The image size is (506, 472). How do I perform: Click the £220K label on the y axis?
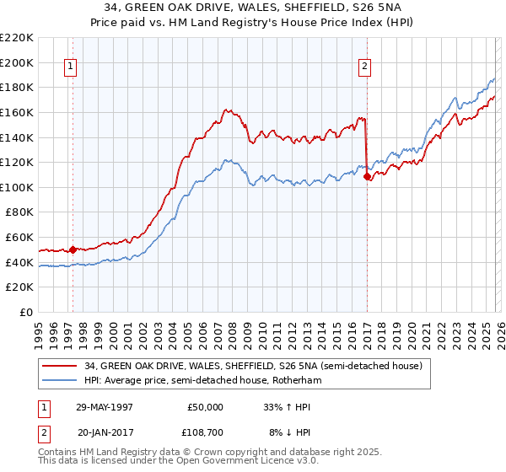17,37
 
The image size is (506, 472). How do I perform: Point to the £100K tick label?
17,187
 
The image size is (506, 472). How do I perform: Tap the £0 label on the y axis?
26,312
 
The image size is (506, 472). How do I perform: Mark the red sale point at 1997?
73,249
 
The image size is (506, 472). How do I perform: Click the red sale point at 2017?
367,177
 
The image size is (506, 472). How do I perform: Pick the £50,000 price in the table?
205,406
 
